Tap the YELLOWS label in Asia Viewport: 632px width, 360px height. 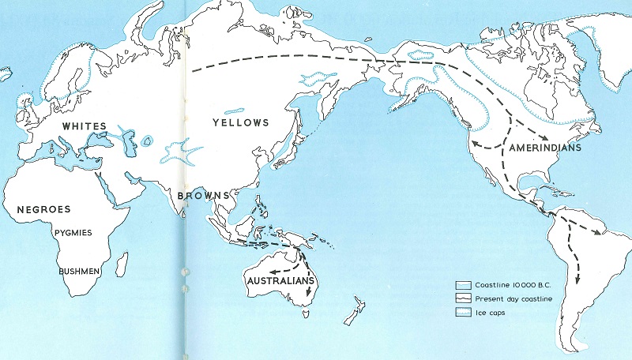click(x=241, y=122)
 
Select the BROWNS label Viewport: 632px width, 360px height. click(x=204, y=195)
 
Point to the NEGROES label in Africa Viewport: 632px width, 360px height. click(x=44, y=209)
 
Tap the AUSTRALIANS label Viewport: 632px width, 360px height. click(x=282, y=281)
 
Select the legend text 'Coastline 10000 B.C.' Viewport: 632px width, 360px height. click(x=506, y=284)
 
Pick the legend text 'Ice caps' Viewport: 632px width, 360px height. click(x=491, y=313)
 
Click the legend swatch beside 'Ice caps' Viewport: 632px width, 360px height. click(x=464, y=313)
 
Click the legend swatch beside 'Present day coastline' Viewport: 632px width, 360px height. click(x=464, y=298)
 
